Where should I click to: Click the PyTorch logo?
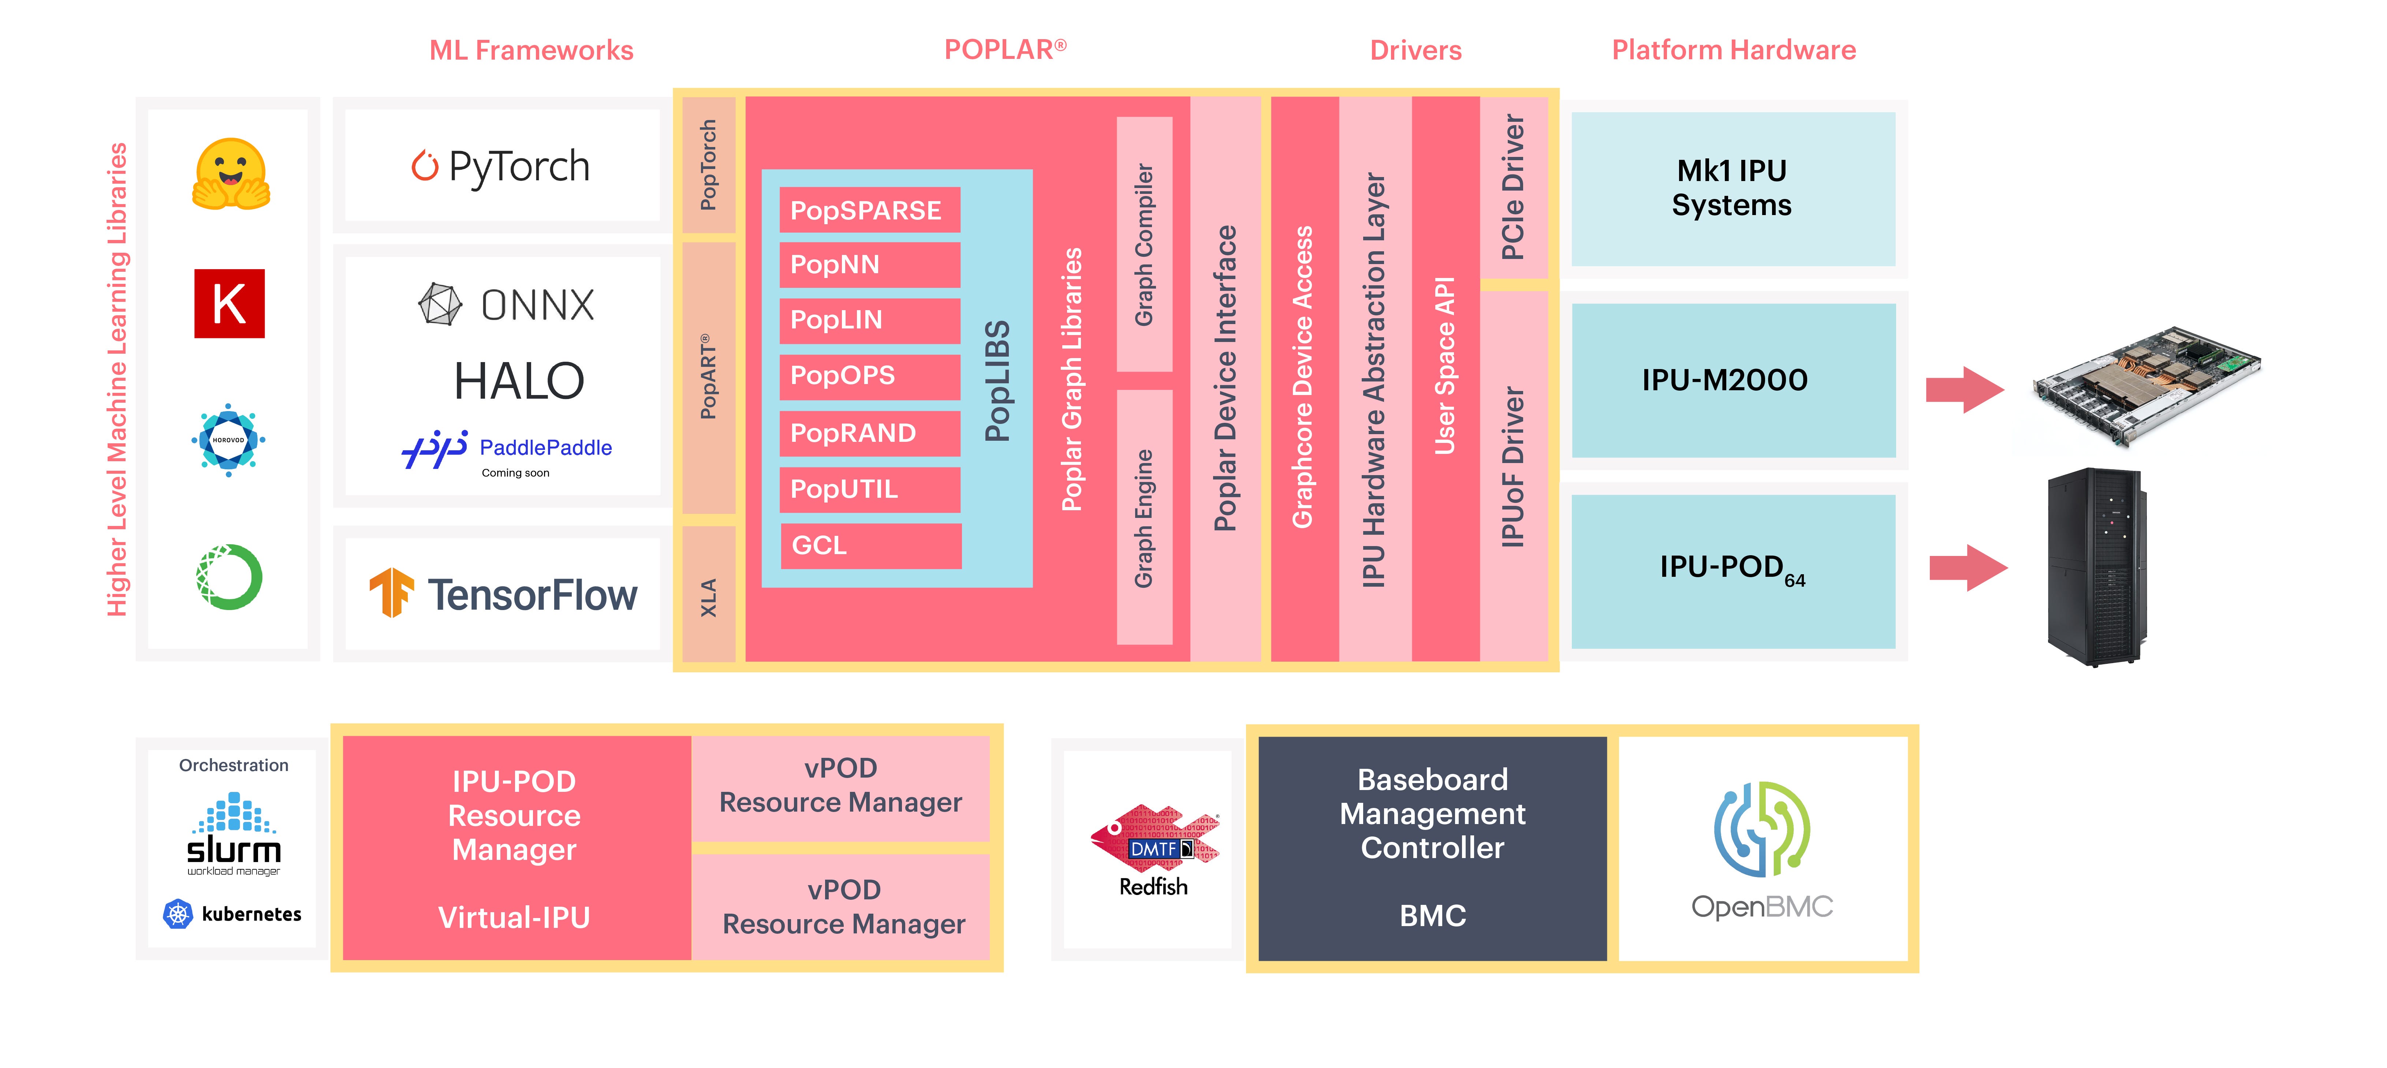(500, 167)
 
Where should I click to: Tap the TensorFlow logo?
(503, 594)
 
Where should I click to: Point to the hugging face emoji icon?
(231, 174)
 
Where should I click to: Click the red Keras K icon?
(229, 304)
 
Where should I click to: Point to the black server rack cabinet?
(2096, 567)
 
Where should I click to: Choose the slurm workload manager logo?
(234, 834)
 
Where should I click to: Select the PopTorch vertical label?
(708, 165)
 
